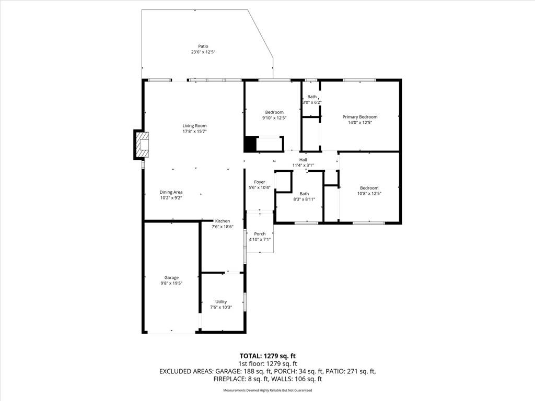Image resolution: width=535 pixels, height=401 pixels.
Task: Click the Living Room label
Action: click(x=194, y=126)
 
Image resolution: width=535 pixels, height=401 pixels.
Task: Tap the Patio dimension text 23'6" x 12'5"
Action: click(x=203, y=52)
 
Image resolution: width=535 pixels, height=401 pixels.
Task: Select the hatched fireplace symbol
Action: click(x=143, y=145)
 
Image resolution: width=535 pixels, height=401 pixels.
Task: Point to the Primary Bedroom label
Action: click(x=360, y=117)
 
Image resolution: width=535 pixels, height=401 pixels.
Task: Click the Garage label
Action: click(x=171, y=278)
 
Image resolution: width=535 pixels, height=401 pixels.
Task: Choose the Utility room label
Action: click(x=221, y=302)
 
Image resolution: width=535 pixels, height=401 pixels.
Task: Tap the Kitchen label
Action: click(x=223, y=221)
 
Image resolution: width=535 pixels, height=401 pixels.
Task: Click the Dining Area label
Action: click(x=171, y=192)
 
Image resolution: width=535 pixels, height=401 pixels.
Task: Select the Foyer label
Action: click(x=260, y=182)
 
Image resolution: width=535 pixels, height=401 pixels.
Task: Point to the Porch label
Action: click(x=260, y=234)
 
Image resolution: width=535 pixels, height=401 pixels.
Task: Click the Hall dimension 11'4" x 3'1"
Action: click(x=303, y=166)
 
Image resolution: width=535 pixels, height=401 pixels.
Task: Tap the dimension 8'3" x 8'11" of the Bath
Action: click(x=304, y=199)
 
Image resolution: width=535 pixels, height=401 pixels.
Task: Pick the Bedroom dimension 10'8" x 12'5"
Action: click(x=369, y=193)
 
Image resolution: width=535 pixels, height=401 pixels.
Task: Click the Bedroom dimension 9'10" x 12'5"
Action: click(x=274, y=118)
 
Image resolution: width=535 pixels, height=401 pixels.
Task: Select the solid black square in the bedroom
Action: click(x=250, y=144)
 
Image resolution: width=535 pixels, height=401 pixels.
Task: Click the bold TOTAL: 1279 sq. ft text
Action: click(x=267, y=356)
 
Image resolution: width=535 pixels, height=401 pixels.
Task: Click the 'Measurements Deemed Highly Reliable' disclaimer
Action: click(x=267, y=391)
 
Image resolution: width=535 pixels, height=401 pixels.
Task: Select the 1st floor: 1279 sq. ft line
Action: click(x=267, y=364)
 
